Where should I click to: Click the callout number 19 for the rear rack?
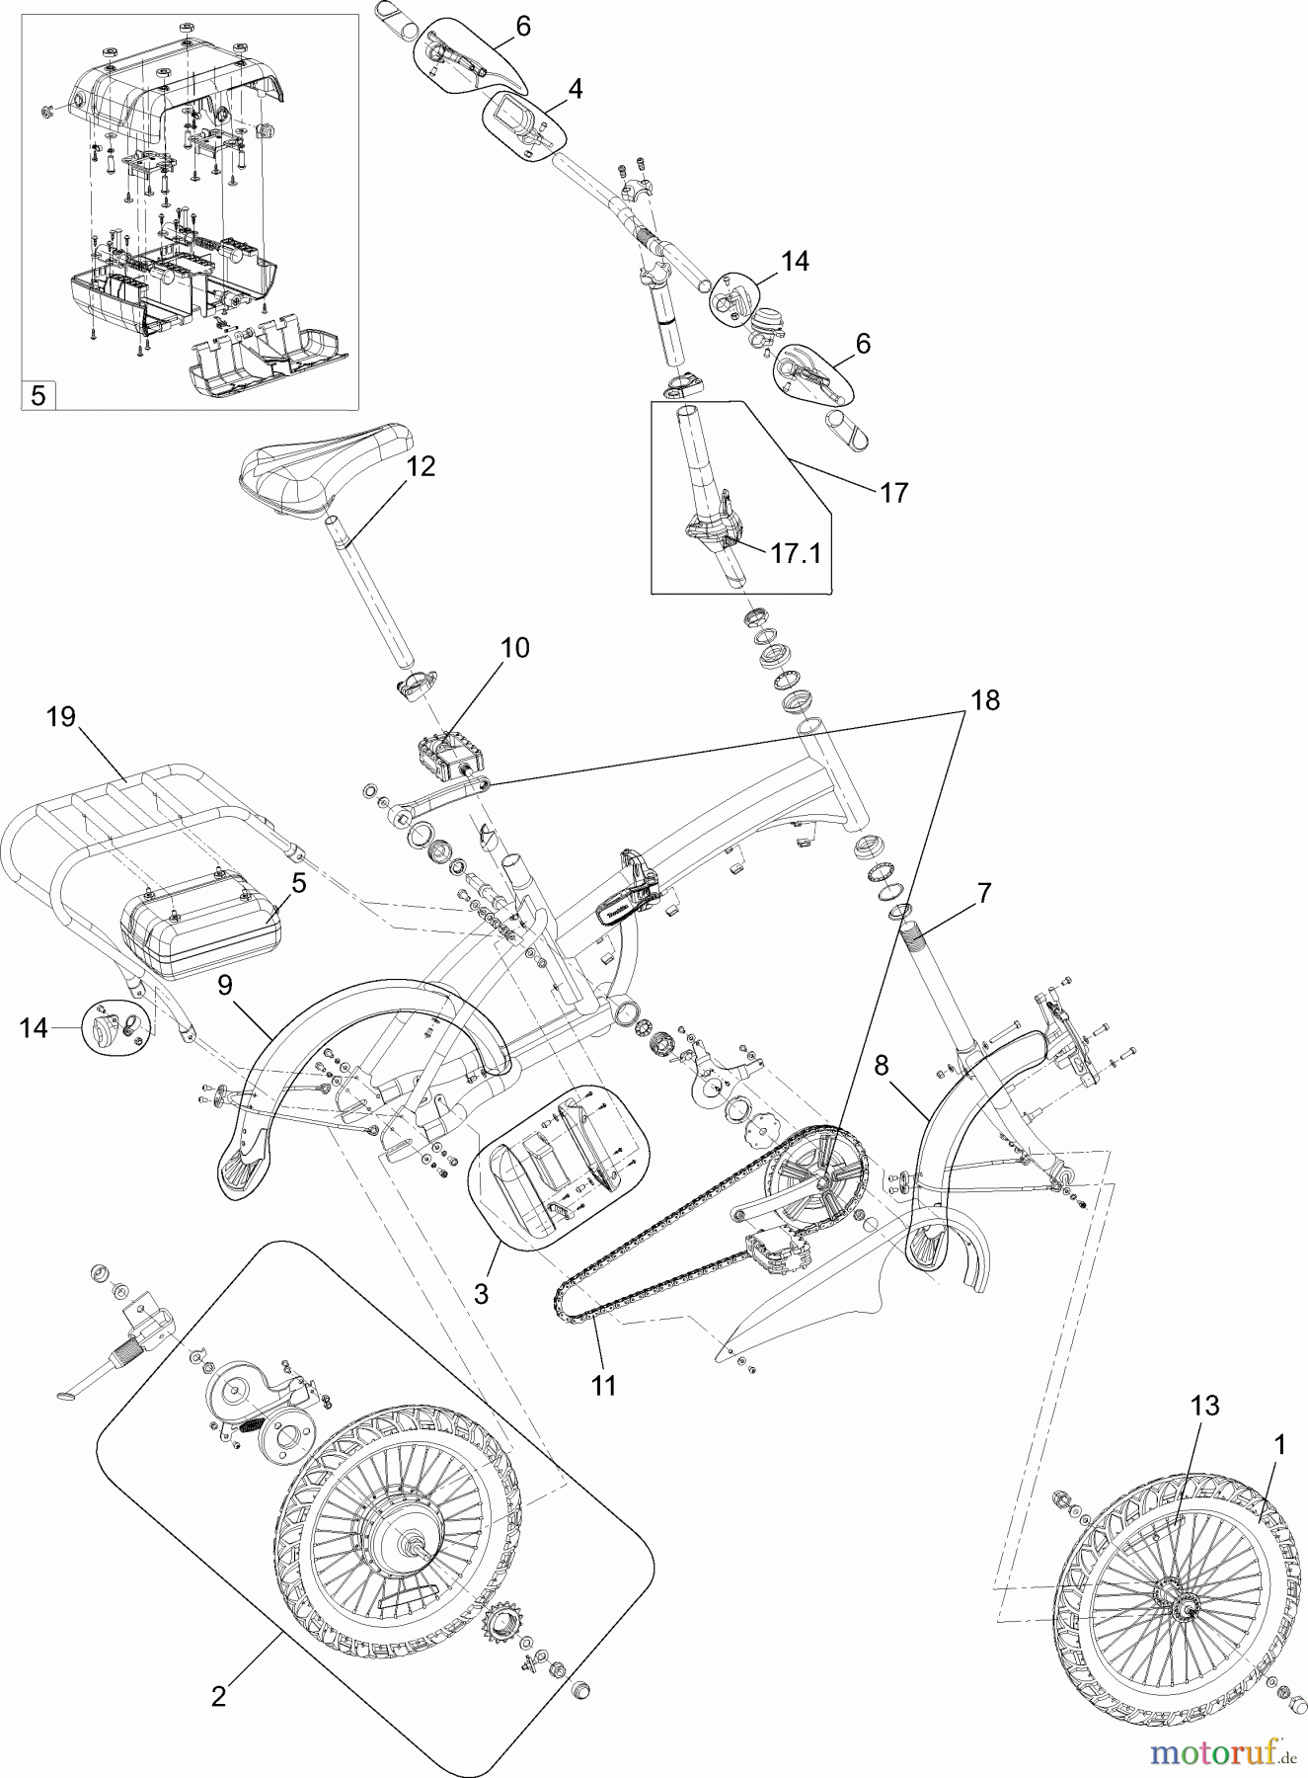pyautogui.click(x=61, y=716)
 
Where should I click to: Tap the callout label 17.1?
pyautogui.click(x=796, y=552)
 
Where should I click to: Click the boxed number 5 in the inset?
pyautogui.click(x=38, y=395)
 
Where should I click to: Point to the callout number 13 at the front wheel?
pyautogui.click(x=1203, y=1406)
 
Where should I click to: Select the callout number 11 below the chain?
pyautogui.click(x=603, y=1385)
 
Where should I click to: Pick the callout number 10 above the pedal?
pyautogui.click(x=514, y=648)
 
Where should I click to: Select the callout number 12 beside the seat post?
pyautogui.click(x=421, y=466)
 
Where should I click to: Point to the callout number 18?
pyautogui.click(x=984, y=700)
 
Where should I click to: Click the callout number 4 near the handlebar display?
pyautogui.click(x=575, y=89)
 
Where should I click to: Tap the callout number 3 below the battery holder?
pyautogui.click(x=481, y=1293)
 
